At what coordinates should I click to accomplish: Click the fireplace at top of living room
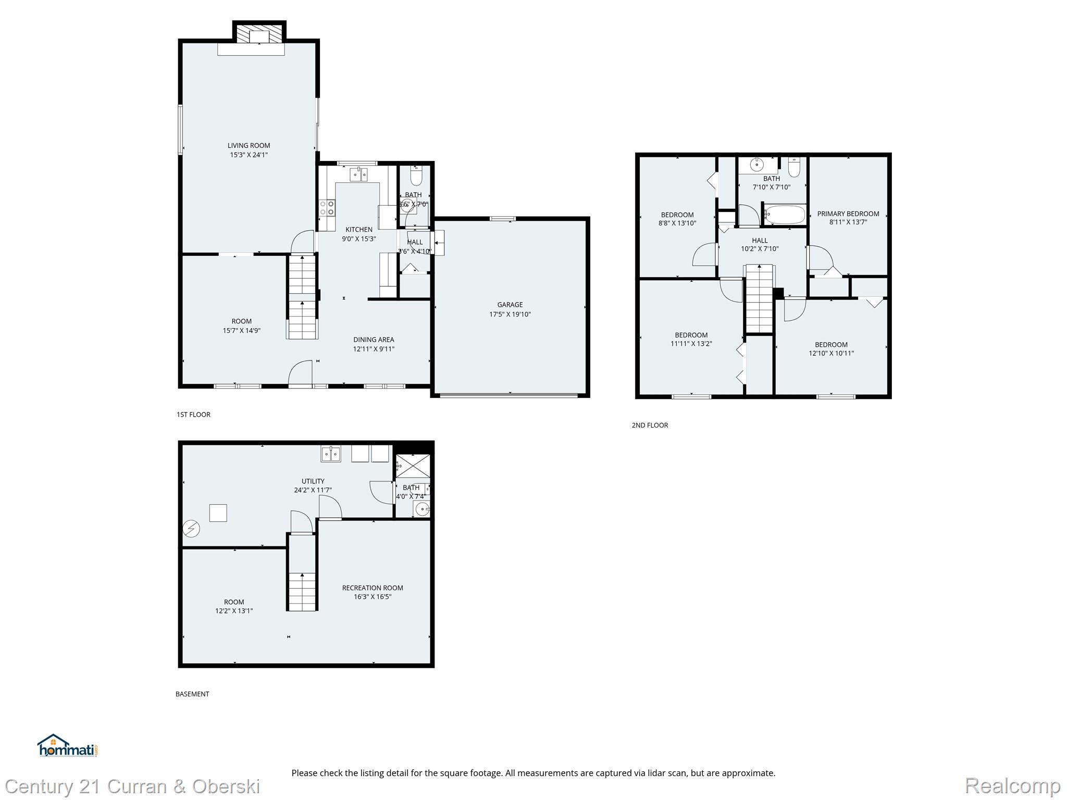[259, 35]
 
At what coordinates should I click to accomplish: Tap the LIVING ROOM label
[249, 145]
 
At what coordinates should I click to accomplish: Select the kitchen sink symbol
[358, 174]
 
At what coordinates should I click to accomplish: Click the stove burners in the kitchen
[327, 208]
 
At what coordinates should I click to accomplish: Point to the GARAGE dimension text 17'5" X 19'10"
[510, 314]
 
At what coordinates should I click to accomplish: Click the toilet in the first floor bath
[416, 178]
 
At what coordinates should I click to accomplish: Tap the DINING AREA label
[374, 340]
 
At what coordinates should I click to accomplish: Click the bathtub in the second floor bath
[785, 215]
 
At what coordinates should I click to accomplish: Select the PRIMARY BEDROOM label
[848, 214]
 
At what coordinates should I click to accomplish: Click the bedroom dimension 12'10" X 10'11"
[831, 353]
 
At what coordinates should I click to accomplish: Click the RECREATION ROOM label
[373, 588]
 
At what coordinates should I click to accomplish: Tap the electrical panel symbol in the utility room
[191, 529]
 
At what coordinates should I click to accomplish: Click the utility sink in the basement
[330, 454]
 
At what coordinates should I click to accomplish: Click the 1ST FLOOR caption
[193, 415]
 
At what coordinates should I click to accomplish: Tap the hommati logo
[67, 746]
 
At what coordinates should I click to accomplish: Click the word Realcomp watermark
[1012, 785]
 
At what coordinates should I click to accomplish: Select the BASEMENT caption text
[192, 694]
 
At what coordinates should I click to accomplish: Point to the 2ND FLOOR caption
[650, 425]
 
